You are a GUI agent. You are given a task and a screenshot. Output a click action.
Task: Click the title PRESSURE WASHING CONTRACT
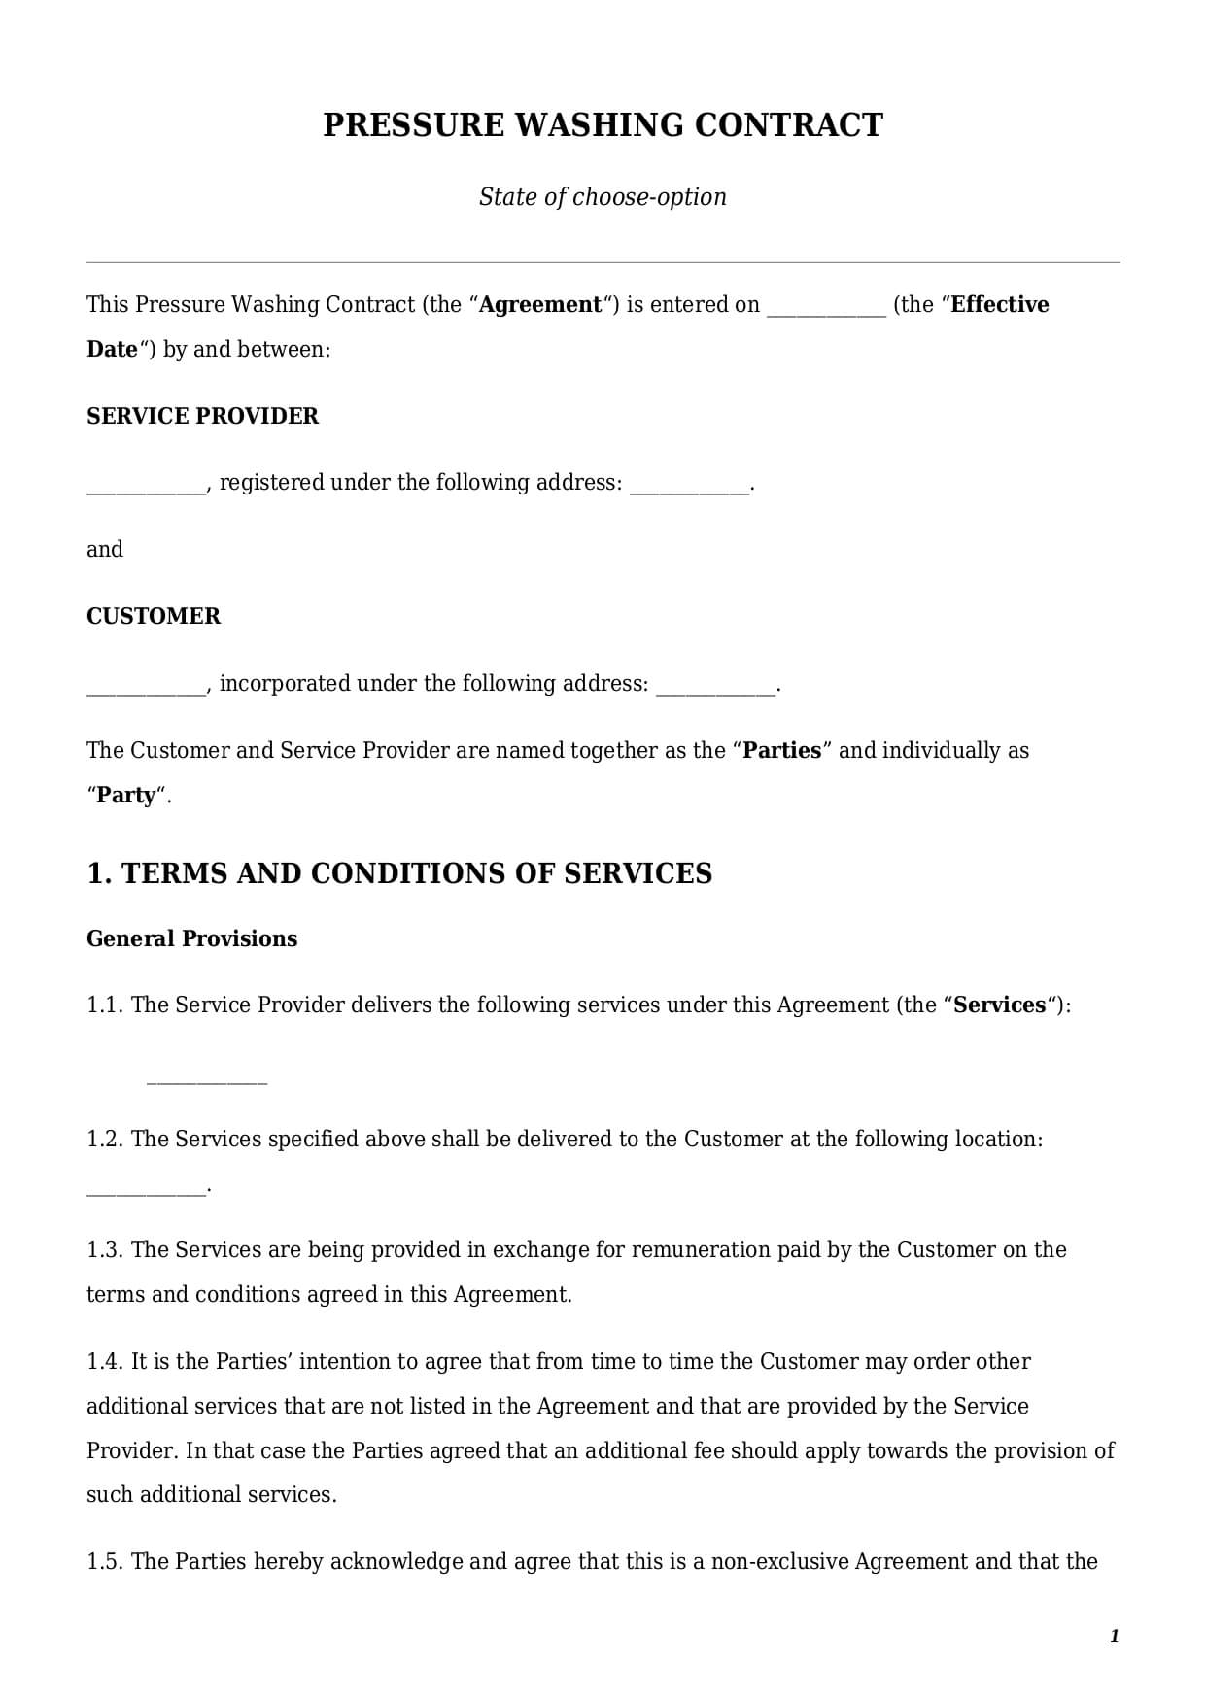tap(603, 125)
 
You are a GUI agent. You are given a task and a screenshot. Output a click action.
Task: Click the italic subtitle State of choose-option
tap(603, 197)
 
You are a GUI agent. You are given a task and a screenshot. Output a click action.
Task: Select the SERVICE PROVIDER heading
tap(202, 416)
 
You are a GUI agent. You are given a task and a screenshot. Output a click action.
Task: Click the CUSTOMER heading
tap(154, 616)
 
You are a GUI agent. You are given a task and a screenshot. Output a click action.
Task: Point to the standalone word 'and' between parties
tap(105, 550)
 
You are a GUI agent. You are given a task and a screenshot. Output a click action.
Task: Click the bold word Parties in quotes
tap(782, 751)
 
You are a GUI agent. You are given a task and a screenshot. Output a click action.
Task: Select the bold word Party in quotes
tap(125, 796)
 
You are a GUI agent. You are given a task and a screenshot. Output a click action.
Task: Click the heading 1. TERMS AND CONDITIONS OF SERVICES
tap(399, 873)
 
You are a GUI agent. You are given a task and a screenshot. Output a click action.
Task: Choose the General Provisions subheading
tap(191, 938)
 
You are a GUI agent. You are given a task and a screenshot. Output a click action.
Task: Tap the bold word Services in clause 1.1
tap(999, 1005)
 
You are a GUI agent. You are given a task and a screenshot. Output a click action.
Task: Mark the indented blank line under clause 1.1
tap(206, 1080)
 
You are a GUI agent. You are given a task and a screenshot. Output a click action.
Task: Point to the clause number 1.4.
tap(104, 1362)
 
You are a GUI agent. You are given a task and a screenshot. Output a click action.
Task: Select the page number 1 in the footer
tap(1114, 1636)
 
